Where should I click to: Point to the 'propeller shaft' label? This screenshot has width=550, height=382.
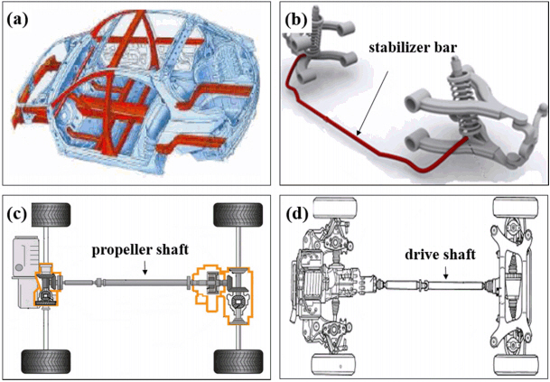pyautogui.click(x=144, y=247)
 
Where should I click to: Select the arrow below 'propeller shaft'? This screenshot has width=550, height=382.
pyautogui.click(x=144, y=269)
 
